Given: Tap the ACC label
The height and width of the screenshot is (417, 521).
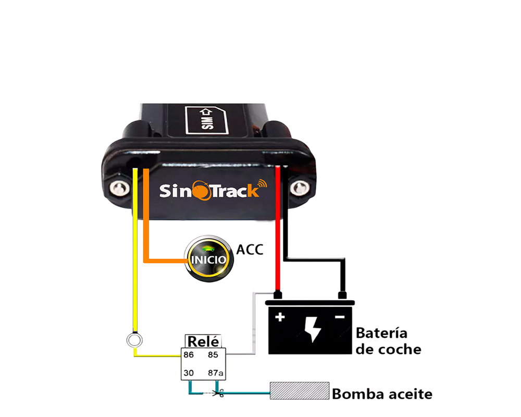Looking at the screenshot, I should [250, 249].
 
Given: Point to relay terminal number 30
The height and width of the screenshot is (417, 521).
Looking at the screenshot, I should [189, 373].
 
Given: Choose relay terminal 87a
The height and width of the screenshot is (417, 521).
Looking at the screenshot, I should [215, 373].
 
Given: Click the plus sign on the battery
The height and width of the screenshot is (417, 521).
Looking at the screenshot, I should [280, 317].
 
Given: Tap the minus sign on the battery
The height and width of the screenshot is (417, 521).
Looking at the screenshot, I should [340, 317].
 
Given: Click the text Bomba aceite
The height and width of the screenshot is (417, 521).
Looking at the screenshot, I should [382, 394].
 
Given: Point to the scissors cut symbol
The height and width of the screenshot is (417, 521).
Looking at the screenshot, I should [220, 394].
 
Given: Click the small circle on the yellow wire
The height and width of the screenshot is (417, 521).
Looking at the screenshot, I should [135, 341].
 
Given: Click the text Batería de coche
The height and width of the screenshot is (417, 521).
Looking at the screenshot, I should [388, 340].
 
